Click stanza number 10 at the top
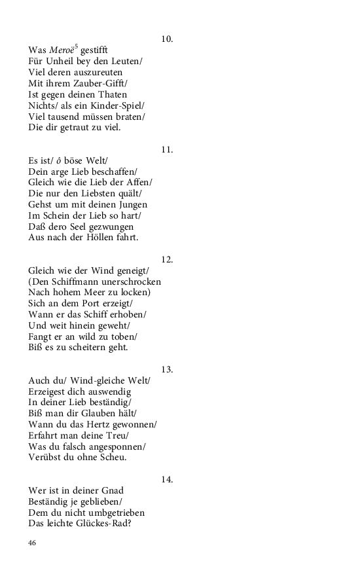click(x=167, y=39)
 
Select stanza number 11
click(x=167, y=149)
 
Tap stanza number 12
click(x=167, y=259)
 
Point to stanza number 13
click(x=167, y=369)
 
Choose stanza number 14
click(x=167, y=479)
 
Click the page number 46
click(x=33, y=543)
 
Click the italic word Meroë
click(x=62, y=50)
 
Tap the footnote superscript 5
click(x=77, y=46)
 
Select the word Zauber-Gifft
click(x=104, y=82)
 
